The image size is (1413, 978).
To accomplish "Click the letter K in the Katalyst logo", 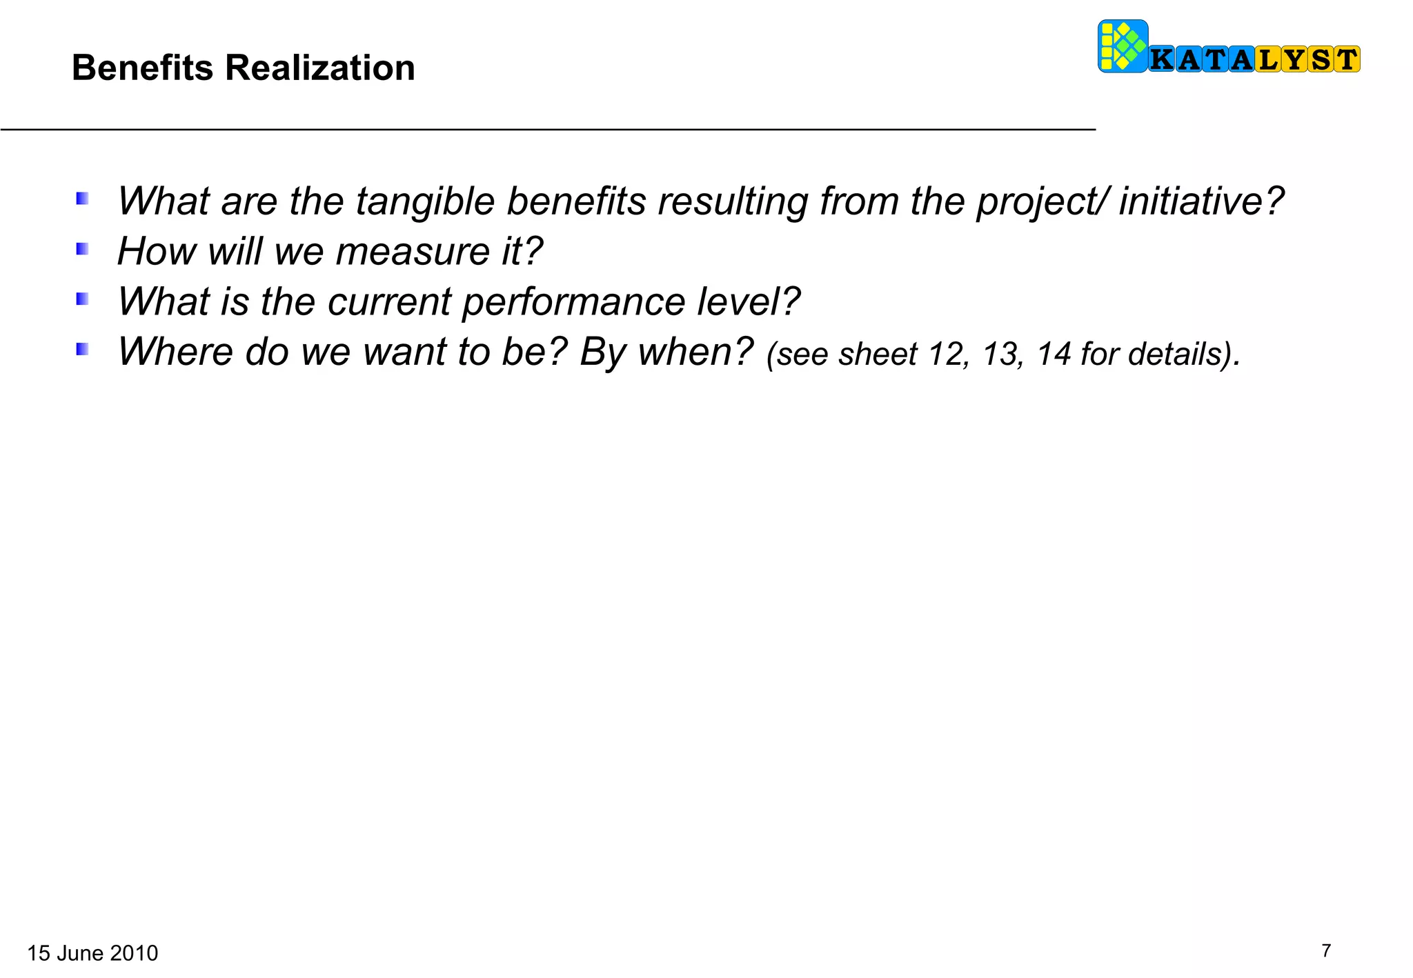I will point(1163,60).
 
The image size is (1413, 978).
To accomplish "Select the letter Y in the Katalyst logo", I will point(1294,60).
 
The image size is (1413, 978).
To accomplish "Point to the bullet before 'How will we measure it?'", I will point(82,249).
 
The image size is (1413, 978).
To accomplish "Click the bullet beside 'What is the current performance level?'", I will point(82,299).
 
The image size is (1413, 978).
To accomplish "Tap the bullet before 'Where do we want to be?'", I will point(82,350).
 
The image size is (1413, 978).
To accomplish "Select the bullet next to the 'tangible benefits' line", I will point(82,199).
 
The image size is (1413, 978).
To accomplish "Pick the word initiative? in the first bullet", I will point(1201,201).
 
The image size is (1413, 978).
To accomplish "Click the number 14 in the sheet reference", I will point(1054,355).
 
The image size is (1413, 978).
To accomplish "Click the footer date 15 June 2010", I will point(92,953).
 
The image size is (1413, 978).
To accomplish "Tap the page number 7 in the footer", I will point(1325,951).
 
